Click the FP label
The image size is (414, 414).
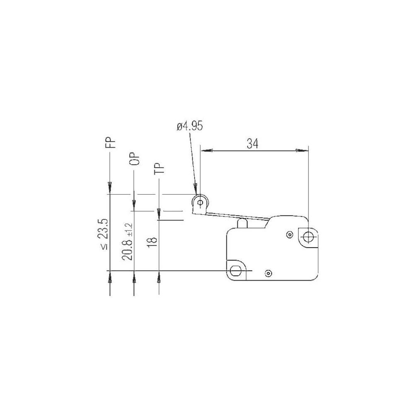coord(110,143)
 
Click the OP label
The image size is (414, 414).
coord(134,159)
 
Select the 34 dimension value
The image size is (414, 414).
coord(253,143)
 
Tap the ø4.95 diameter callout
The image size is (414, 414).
coord(189,126)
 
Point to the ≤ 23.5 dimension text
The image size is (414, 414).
coord(103,235)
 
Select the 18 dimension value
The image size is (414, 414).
coord(152,242)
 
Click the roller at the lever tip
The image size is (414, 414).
coord(200,203)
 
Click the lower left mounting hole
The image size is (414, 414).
coord(236,272)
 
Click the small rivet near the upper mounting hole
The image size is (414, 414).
coord(289,235)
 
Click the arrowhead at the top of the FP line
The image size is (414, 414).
coord(110,184)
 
